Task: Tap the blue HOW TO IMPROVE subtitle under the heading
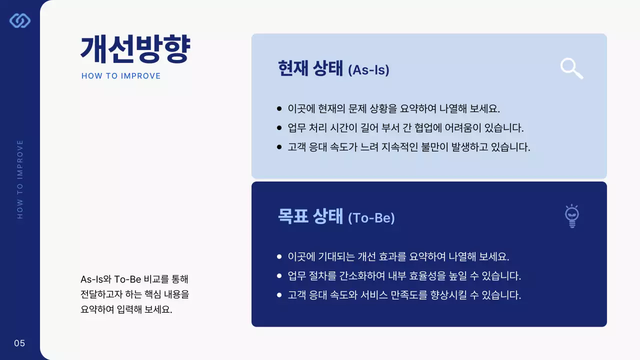[121, 76]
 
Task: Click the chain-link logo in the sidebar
[20, 20]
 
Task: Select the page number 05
[19, 343]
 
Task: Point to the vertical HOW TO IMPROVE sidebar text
[20, 179]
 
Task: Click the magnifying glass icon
[571, 68]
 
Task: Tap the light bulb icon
[572, 216]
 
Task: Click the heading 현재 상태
[310, 68]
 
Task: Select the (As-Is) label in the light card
[368, 70]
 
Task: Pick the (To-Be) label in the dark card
[371, 218]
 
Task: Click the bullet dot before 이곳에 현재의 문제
[279, 108]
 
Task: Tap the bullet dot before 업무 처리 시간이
[279, 127]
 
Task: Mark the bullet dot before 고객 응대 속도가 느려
[279, 147]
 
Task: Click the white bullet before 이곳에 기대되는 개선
[279, 257]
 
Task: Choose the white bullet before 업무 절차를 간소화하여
[279, 276]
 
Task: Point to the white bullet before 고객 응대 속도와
[279, 295]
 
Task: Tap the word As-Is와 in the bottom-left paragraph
[95, 279]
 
